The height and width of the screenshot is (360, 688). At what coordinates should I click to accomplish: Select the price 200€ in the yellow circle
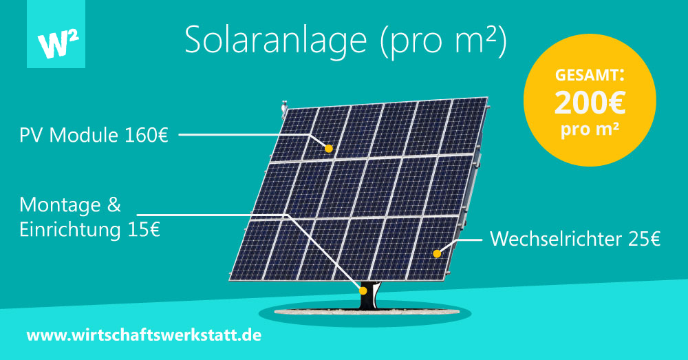590,103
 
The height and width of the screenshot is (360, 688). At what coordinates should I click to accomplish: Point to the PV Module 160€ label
94,135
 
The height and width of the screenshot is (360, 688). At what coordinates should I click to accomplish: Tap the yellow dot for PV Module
329,149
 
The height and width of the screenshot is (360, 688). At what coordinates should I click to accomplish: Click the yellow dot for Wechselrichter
437,253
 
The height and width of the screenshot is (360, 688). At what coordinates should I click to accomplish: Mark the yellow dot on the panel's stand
363,290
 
